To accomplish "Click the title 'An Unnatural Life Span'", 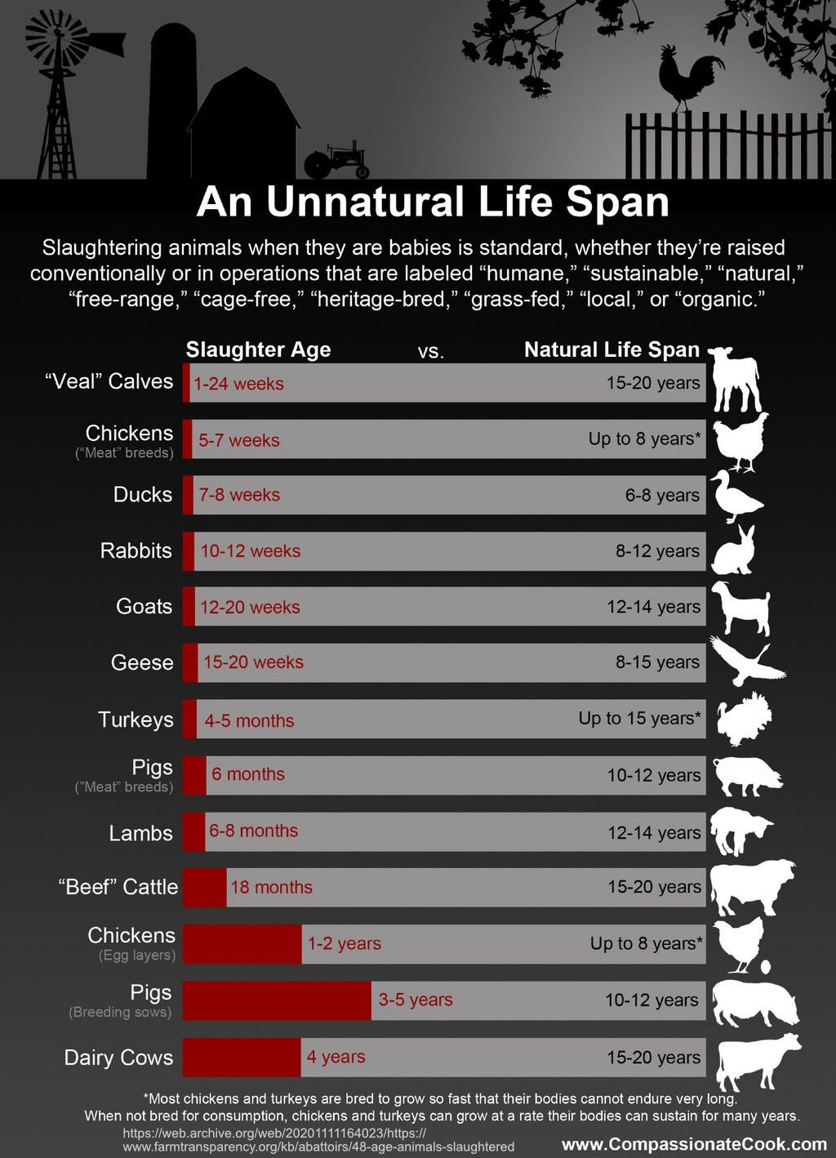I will (x=433, y=202).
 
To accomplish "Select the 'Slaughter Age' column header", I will (x=258, y=350).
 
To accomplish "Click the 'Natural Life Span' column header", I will (x=611, y=350).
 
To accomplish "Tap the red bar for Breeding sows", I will (x=277, y=1000).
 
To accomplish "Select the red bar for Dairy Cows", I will (x=242, y=1057).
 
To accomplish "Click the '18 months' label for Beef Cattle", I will (x=271, y=887).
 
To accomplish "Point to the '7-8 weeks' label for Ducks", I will (x=239, y=495).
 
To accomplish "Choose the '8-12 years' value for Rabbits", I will (x=657, y=551).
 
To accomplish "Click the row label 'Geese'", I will (x=142, y=662).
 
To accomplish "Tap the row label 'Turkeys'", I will (x=136, y=719).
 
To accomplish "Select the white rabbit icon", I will (x=734, y=551).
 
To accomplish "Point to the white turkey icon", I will (x=745, y=719).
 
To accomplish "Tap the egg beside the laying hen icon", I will (x=766, y=967).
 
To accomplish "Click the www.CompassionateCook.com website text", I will (x=694, y=1144).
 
